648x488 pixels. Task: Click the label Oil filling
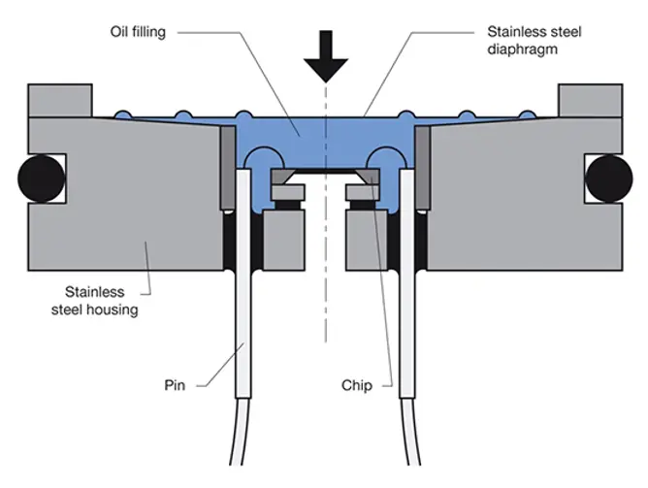137,32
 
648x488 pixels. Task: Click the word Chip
357,384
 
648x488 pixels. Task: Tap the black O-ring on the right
609,178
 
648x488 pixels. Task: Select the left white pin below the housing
242,369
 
